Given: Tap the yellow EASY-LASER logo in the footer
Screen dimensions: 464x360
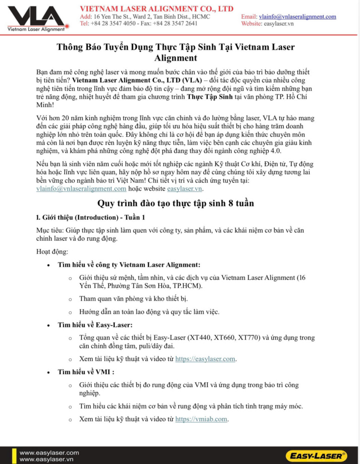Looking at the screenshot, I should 316,455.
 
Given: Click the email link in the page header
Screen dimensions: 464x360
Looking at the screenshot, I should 297,17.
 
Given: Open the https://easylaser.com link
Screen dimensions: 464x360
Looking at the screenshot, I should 205,359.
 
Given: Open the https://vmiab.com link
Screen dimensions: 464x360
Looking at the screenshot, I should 201,419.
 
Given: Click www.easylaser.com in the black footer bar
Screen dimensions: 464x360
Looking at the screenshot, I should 49,452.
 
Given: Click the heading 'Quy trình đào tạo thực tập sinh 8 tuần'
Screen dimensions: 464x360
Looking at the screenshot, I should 175,203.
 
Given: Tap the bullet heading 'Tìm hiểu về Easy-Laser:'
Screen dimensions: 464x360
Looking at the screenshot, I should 95,325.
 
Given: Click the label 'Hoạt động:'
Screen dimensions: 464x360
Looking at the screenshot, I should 52,251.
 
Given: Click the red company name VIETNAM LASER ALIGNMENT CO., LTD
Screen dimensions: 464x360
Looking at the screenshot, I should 157,9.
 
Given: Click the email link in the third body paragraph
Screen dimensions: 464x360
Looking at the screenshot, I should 81,189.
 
